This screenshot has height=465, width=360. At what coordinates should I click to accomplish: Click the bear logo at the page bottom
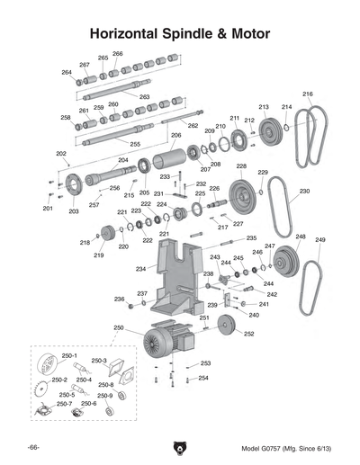pos(179,447)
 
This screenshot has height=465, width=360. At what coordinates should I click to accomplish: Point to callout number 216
pos(308,94)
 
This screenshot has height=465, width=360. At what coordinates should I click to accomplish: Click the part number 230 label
pos(305,191)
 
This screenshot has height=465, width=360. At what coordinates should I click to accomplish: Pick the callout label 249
pos(320,240)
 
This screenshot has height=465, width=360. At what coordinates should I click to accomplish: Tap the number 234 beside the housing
pos(140,268)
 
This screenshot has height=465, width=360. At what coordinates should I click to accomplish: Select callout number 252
pos(248,334)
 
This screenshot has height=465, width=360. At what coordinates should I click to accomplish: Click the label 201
pos(47,209)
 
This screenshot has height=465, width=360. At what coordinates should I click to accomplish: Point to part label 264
pos(67,72)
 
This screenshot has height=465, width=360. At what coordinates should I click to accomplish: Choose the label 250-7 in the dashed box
pos(65,404)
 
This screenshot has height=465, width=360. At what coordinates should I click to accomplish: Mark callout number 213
pos(264,107)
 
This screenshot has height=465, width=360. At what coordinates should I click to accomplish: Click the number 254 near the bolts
pos(203,378)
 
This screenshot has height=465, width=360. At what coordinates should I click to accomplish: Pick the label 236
pos(119,299)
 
